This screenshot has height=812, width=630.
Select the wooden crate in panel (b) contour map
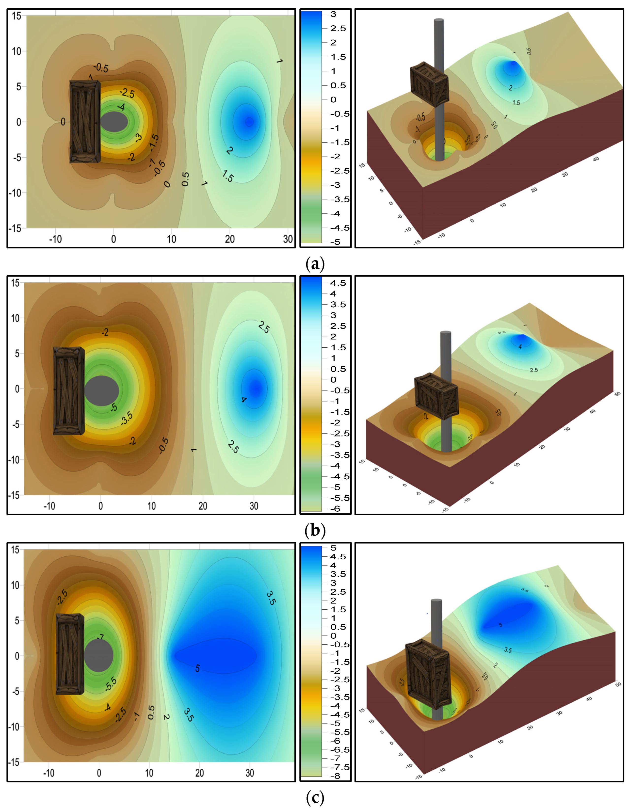[68, 391]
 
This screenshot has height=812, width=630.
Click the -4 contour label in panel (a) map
[121, 107]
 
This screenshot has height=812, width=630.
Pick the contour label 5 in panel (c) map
[197, 668]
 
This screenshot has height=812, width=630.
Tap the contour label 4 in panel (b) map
[243, 400]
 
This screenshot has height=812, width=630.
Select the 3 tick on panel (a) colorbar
[333, 14]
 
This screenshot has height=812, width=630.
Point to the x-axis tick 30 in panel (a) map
[288, 239]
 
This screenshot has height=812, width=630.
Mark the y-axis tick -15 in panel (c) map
[14, 762]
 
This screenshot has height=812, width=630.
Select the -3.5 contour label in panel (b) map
[127, 418]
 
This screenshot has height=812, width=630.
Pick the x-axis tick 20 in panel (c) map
[200, 773]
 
